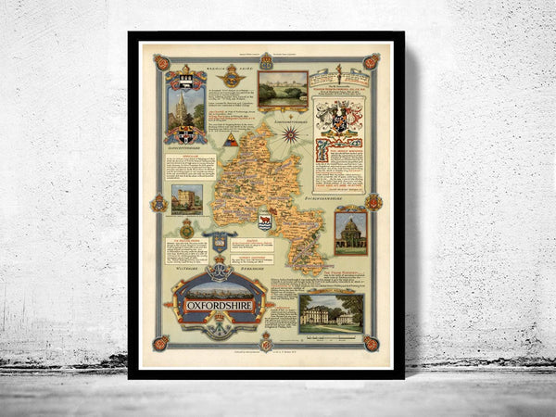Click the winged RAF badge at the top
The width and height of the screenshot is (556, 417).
point(230,77)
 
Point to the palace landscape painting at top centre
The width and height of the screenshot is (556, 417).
point(283,90)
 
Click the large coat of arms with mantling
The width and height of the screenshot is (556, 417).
point(338,119)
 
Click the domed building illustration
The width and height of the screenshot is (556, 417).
point(350,233)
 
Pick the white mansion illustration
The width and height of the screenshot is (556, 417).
point(331,313)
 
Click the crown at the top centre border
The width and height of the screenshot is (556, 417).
point(266,60)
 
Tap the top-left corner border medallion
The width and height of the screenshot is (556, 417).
point(160,63)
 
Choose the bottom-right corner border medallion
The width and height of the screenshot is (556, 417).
point(372,343)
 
